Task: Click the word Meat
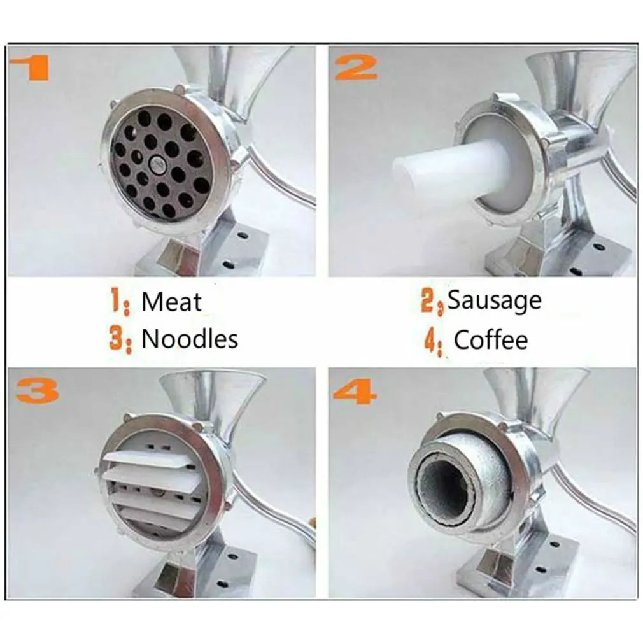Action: (171, 302)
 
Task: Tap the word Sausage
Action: (495, 301)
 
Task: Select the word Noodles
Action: (190, 339)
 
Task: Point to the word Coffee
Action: (491, 340)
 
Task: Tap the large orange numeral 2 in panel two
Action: (356, 68)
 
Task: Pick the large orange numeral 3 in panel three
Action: (36, 391)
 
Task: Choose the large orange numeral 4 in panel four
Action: (355, 391)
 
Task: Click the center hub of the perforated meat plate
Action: (157, 164)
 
